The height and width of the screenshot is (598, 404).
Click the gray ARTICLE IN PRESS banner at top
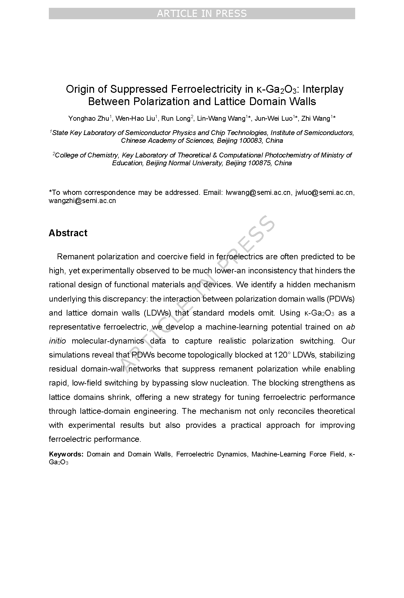(x=202, y=14)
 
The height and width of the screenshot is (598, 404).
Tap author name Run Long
(x=175, y=118)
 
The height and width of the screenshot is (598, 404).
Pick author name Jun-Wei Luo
(x=273, y=118)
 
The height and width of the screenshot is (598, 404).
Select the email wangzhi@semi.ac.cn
(x=82, y=200)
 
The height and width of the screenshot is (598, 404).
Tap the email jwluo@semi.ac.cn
(x=324, y=192)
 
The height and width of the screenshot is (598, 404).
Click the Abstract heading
(x=68, y=233)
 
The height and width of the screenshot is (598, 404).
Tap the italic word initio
(x=57, y=341)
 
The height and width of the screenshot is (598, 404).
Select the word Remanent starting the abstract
(x=75, y=256)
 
